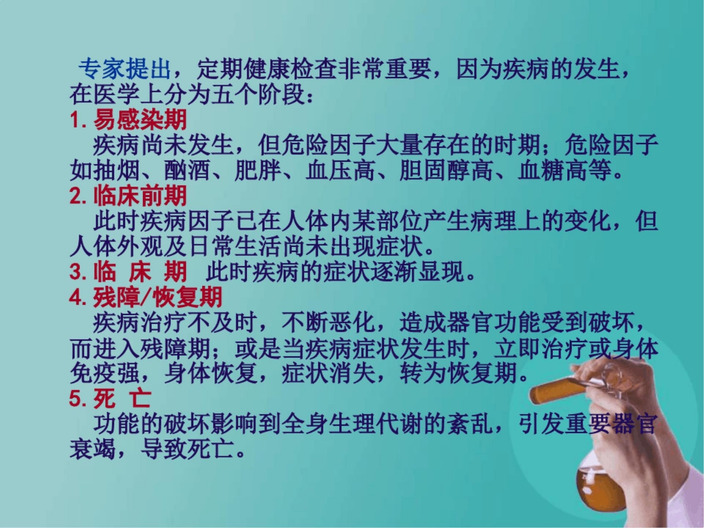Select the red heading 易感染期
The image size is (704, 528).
tap(140, 119)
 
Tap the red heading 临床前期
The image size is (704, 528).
tap(140, 196)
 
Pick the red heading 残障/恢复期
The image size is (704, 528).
tap(158, 298)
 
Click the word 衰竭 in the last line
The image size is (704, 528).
tap(93, 450)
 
